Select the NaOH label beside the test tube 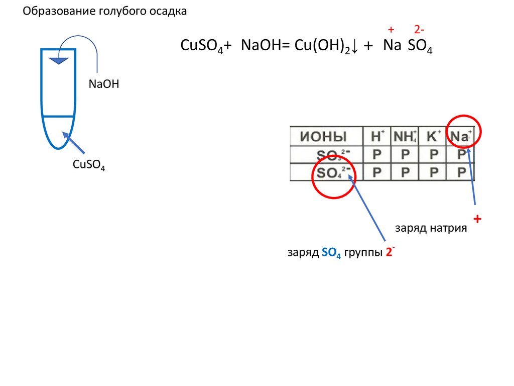(104, 84)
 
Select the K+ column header (433, 136)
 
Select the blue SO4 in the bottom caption (331, 254)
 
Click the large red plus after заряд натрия (477, 219)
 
